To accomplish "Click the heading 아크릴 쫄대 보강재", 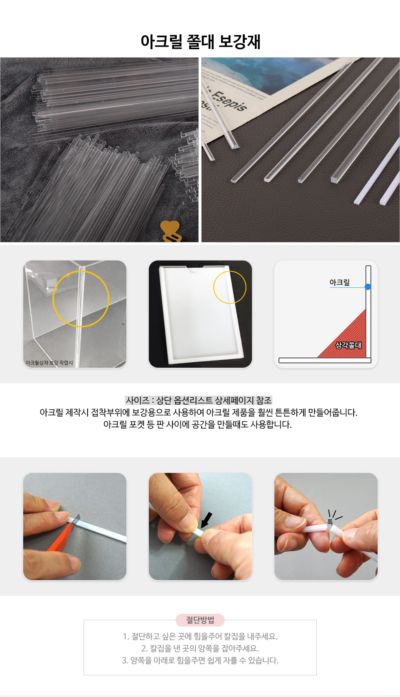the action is point(200,42).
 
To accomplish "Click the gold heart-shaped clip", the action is point(171,232).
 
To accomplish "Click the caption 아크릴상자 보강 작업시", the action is point(49,363).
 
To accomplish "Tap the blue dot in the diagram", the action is point(368,287).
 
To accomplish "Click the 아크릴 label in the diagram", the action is point(340,282).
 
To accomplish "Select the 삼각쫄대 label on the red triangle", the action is point(348,345).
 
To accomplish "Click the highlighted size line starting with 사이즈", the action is point(198,400).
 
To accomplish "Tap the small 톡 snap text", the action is point(330,522).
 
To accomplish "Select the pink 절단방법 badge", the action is point(200,620).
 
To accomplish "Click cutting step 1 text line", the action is point(200,636).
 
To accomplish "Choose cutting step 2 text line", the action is point(200,648).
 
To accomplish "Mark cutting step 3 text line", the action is point(200,660).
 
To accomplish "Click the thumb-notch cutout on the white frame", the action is point(195,269).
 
